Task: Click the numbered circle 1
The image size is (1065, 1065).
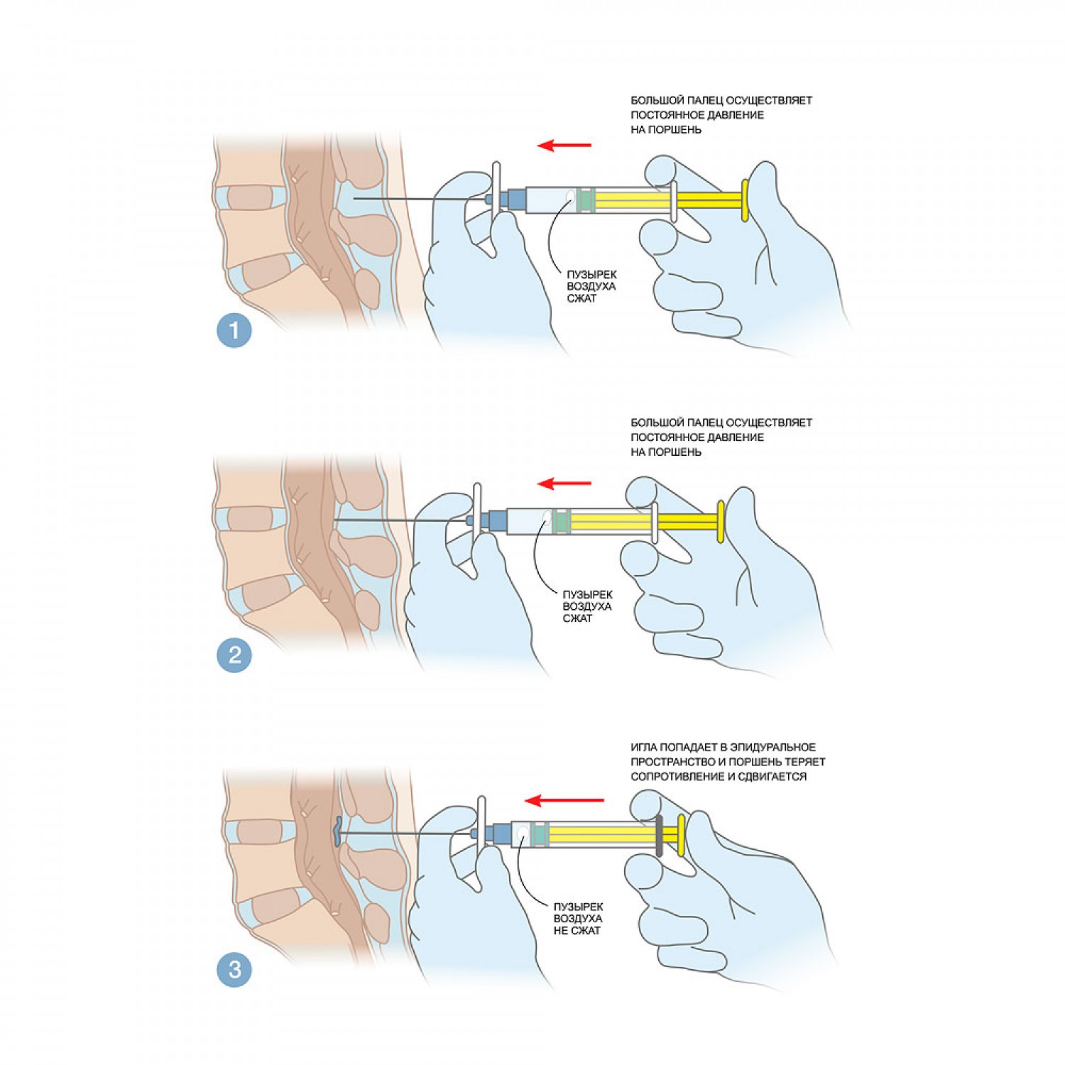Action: point(234,330)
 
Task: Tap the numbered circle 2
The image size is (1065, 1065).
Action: point(234,655)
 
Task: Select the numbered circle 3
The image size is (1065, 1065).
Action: point(234,969)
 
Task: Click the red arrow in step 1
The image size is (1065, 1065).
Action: point(564,146)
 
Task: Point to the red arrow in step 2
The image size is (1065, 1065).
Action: point(564,484)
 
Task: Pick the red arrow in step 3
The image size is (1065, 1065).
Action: point(564,801)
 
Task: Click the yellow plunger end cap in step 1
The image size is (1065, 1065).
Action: point(745,200)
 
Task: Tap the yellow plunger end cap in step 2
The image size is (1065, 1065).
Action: point(721,522)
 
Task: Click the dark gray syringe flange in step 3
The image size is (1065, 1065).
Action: point(660,835)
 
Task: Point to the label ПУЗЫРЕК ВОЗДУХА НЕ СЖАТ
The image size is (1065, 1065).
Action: point(578,919)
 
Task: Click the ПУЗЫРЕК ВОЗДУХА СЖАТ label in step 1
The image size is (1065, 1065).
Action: point(591,286)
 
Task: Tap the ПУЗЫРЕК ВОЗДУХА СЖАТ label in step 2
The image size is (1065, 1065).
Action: point(587,606)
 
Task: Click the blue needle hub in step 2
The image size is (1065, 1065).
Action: point(496,521)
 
